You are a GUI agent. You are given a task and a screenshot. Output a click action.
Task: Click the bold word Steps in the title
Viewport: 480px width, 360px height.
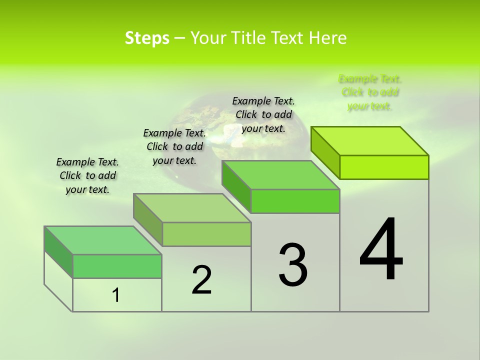pos(147,38)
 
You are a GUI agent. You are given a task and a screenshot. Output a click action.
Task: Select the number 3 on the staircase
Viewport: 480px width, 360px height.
pos(292,265)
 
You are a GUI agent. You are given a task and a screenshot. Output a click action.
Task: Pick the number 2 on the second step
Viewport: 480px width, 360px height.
pos(201,280)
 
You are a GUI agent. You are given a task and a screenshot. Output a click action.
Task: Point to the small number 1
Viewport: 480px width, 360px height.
pos(116,295)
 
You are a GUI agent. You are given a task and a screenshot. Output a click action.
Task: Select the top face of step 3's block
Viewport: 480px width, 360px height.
pos(280,175)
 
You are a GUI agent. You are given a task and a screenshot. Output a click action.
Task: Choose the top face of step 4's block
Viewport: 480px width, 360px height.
pos(370,141)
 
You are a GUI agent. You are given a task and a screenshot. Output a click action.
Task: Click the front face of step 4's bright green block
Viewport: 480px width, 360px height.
pos(384,167)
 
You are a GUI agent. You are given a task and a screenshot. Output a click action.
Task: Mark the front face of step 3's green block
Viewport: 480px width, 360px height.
pos(295,201)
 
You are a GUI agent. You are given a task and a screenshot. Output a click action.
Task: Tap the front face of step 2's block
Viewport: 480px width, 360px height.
pos(206,234)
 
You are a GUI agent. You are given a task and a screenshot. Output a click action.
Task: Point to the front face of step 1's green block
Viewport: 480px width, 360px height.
pos(117,266)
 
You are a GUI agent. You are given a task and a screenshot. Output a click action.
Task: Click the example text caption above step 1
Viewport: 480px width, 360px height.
pos(87,175)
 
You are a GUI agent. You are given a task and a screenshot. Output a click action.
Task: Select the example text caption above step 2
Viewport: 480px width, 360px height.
pos(174,146)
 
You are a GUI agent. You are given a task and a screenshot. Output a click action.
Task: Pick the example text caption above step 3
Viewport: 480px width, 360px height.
pos(263,114)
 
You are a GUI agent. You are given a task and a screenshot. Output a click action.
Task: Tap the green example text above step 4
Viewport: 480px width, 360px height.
pos(370,92)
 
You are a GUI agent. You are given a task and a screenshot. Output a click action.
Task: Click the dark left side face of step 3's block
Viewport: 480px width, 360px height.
pos(236,186)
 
